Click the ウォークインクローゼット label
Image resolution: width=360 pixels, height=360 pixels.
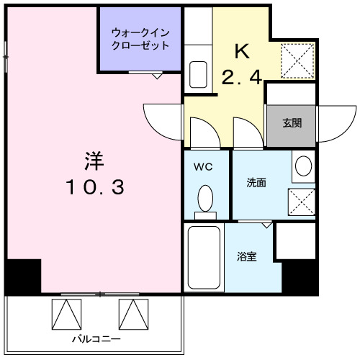point(140,38)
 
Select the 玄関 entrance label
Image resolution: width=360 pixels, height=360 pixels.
point(292,122)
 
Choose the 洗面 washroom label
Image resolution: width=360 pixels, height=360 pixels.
point(256,183)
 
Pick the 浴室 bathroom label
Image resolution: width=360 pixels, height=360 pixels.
point(247,256)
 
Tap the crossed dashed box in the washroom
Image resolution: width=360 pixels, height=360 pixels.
point(302,202)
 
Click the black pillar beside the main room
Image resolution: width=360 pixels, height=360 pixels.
point(23,276)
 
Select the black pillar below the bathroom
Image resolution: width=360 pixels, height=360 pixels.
point(300,276)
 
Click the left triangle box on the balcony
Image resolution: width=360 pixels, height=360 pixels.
point(67,313)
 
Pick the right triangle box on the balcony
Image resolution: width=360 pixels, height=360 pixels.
point(132,313)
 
